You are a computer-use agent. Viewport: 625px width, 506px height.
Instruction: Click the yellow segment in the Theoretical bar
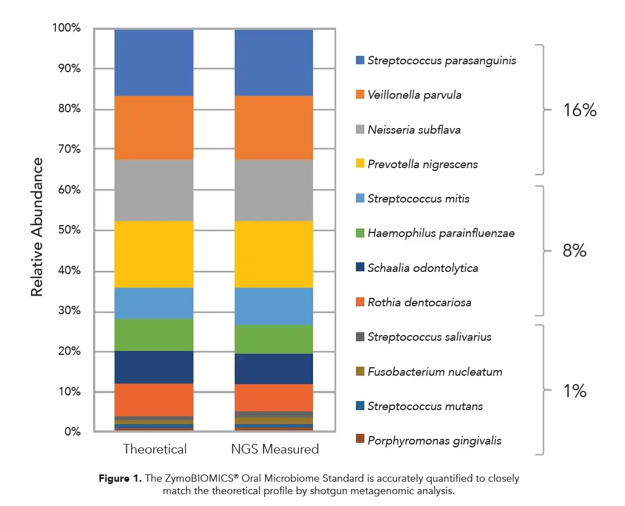click(154, 254)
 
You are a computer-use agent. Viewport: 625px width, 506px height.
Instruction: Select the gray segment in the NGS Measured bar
click(274, 190)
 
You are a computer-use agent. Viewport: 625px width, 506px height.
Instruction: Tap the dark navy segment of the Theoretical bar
click(154, 367)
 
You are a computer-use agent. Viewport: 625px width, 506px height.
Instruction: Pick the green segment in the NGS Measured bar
click(274, 339)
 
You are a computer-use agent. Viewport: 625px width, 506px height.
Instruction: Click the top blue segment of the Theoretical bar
click(154, 63)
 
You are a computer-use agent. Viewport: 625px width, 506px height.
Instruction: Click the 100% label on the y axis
click(67, 28)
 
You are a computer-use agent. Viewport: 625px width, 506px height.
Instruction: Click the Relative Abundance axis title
click(37, 227)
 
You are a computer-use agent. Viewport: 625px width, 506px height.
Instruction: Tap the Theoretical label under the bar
click(155, 449)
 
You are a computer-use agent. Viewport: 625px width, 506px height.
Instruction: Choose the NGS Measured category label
click(275, 449)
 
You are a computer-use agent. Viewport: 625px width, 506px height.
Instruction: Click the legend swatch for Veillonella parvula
click(360, 95)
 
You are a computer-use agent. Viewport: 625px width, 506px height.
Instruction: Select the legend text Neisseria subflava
click(414, 130)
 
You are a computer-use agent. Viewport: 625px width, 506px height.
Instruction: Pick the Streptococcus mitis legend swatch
click(360, 199)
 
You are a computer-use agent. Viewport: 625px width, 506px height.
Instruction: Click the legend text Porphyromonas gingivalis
click(434, 441)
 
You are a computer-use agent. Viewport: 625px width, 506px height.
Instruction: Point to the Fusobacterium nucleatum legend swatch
click(360, 371)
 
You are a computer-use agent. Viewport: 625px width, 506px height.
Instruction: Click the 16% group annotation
click(579, 111)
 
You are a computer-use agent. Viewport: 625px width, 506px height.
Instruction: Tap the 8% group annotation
click(574, 250)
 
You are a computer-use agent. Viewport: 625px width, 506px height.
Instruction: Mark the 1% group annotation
click(574, 390)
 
